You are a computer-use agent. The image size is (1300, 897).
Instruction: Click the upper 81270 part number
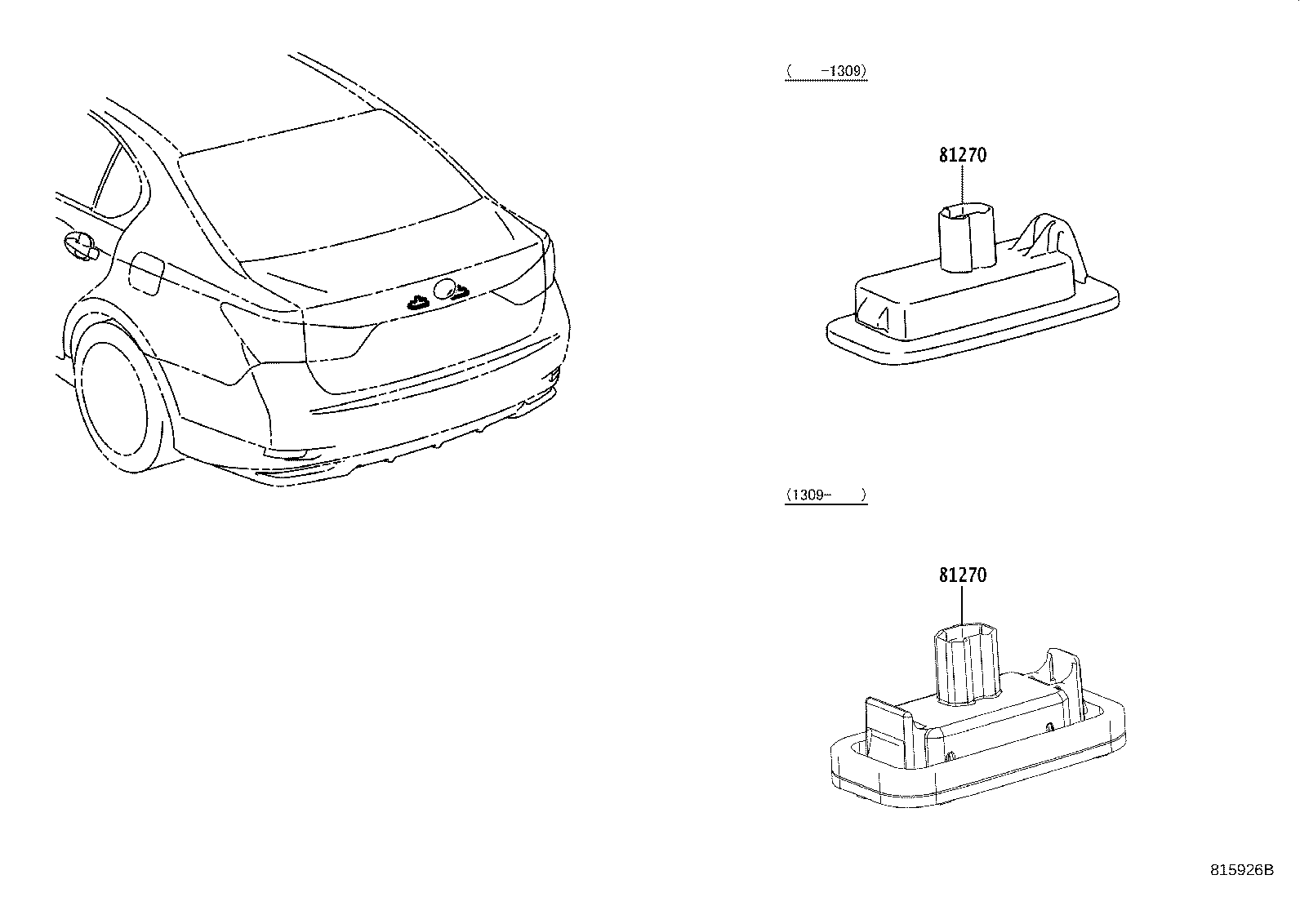tap(962, 154)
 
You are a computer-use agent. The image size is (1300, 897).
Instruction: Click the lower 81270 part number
tap(962, 575)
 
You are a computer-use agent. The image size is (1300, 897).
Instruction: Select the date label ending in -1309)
tap(826, 72)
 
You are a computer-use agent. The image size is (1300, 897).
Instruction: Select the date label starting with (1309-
tap(826, 495)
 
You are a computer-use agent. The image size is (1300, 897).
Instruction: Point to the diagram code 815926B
tap(1241, 870)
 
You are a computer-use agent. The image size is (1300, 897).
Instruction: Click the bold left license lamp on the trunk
tap(419, 302)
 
